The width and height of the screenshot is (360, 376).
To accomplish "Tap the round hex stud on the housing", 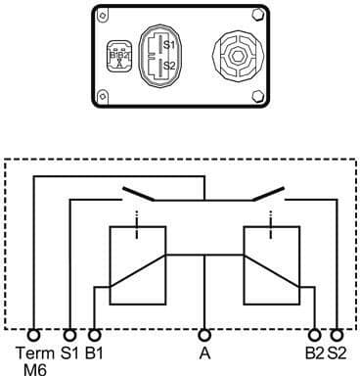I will [234, 56].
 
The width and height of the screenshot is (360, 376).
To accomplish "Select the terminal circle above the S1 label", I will [69, 333].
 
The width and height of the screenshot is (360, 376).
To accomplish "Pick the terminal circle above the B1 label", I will [94, 333].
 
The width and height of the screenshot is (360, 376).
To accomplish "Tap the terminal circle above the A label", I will [204, 333].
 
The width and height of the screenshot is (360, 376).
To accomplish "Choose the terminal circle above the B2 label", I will [314, 333].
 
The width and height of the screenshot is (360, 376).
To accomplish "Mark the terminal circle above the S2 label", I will [338, 333].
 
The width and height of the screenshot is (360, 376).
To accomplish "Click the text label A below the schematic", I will [204, 351].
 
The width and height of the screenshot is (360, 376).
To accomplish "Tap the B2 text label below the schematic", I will [315, 351].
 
